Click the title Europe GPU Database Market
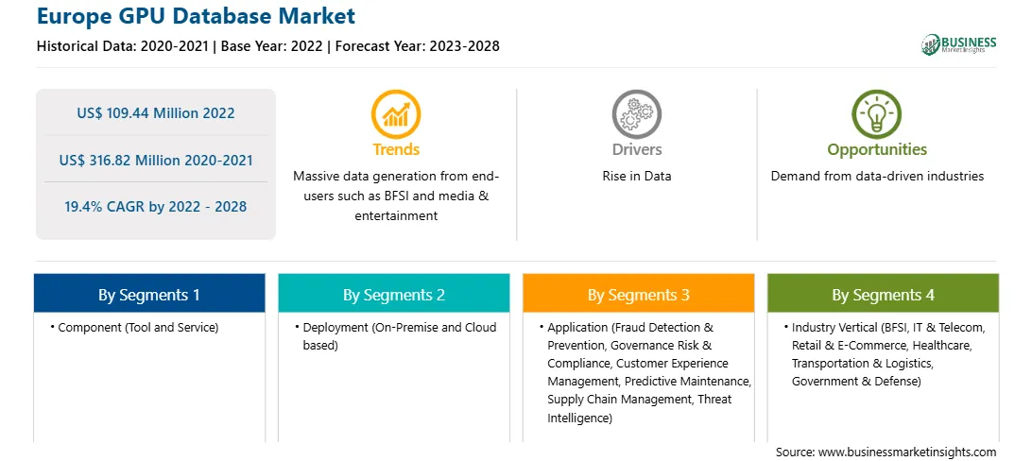point(197,15)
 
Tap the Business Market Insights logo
point(959,44)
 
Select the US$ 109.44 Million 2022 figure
point(155,112)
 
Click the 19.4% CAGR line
point(155,207)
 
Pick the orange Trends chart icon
point(396,113)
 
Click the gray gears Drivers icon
point(636,113)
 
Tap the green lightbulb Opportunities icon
point(877,113)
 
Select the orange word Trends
point(396,149)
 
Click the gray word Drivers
point(636,149)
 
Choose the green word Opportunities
point(877,150)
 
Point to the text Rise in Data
point(636,177)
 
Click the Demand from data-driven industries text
point(877,177)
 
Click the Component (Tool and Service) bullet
point(134,327)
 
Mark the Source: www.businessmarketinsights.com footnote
point(886,452)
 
